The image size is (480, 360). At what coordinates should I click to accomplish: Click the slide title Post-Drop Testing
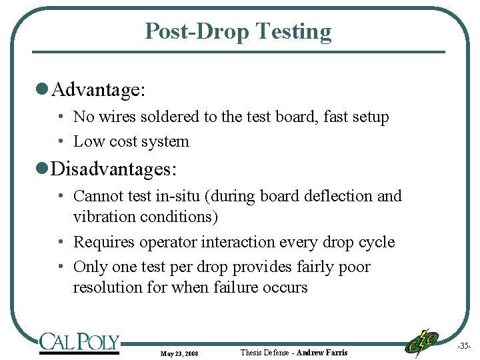[238, 31]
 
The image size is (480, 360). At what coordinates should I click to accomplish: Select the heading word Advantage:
[99, 89]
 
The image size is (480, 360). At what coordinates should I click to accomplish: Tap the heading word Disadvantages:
[114, 169]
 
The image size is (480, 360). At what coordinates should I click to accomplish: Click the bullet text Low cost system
[131, 141]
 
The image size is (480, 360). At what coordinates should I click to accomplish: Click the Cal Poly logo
[79, 343]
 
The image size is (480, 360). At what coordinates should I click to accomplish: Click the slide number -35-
[464, 347]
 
